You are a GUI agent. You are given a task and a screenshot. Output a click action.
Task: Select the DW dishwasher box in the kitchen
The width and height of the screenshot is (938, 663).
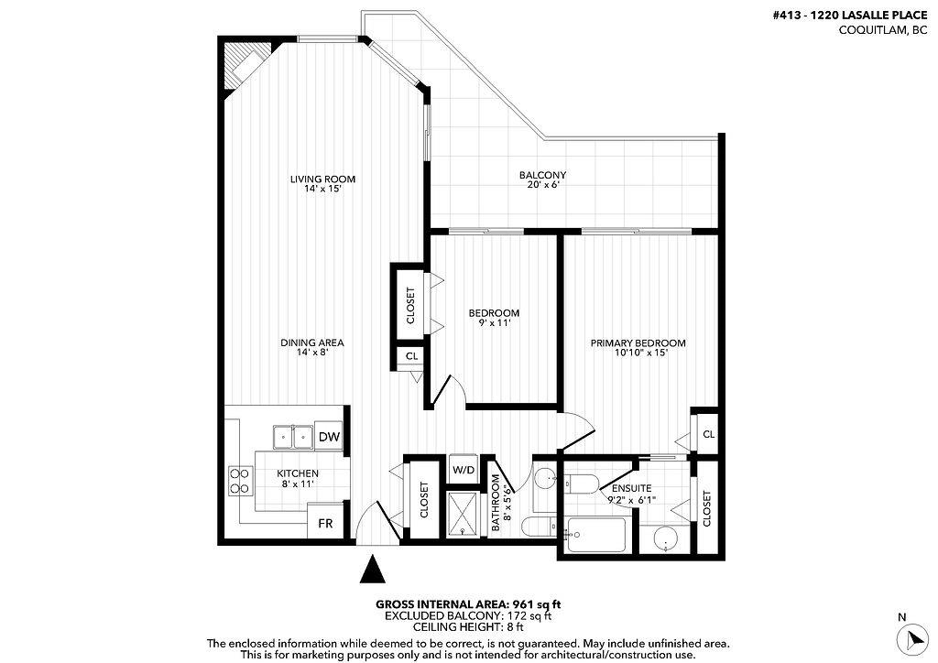tap(329, 438)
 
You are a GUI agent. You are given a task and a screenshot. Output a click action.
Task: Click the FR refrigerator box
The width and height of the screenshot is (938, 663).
tap(325, 524)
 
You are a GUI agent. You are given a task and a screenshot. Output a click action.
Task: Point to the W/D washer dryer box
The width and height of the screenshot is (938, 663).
tap(464, 470)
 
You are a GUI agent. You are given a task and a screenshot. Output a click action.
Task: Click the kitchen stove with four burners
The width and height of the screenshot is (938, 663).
tap(240, 480)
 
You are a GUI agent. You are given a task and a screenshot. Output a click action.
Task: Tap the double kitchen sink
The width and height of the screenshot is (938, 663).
tap(293, 437)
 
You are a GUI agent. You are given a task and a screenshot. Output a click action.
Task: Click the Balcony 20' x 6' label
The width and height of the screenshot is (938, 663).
tap(542, 179)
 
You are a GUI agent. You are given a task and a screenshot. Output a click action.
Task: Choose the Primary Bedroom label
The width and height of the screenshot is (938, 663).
tap(638, 348)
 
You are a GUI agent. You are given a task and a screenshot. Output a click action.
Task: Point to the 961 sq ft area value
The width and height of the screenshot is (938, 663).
tap(536, 603)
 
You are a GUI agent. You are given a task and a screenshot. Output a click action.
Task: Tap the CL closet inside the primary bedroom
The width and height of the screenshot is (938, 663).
tap(707, 434)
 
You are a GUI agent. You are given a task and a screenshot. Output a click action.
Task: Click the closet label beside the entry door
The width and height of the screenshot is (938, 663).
tap(424, 501)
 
